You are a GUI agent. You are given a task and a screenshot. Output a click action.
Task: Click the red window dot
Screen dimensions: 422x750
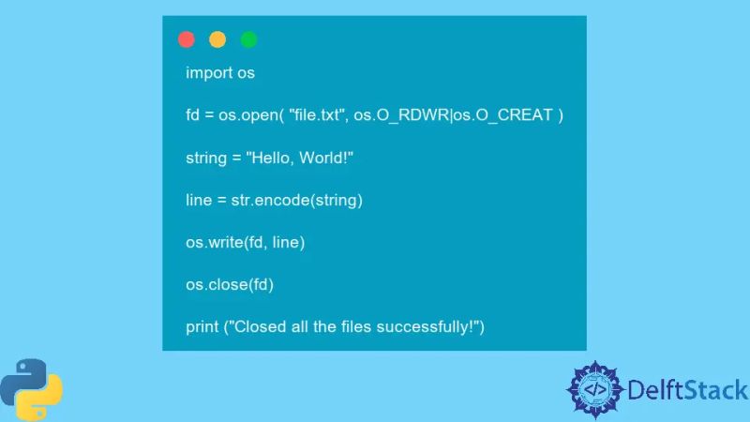[187, 39]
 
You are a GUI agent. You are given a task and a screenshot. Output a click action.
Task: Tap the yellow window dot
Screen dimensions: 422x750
[217, 39]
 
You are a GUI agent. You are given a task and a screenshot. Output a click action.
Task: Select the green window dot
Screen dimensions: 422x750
[248, 39]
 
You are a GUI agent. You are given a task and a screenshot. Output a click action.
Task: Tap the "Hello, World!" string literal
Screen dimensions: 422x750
[300, 157]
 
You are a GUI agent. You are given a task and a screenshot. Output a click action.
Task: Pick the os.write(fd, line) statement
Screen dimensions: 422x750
[246, 242]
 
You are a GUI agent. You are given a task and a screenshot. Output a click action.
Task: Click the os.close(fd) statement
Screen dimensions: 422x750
[230, 284]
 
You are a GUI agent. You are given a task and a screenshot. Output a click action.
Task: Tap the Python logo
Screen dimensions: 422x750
[31, 388]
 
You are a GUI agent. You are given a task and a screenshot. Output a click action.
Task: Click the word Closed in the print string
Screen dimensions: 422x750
[259, 326]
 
